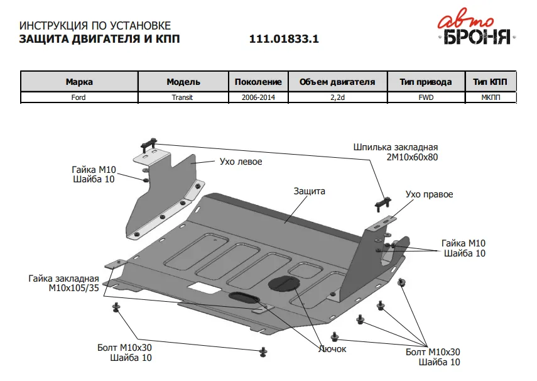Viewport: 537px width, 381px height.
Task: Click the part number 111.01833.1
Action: pyautogui.click(x=284, y=38)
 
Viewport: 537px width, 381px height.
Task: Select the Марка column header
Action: pyautogui.click(x=79, y=82)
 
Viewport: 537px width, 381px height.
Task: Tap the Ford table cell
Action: pyautogui.click(x=79, y=97)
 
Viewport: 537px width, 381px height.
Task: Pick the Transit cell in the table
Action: pyautogui.click(x=183, y=97)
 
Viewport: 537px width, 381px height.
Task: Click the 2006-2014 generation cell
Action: pyautogui.click(x=258, y=97)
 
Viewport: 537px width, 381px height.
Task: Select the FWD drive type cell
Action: pyautogui.click(x=425, y=97)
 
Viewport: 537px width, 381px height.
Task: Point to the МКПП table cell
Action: pyautogui.click(x=490, y=97)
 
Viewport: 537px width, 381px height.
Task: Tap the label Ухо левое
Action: pyautogui.click(x=241, y=162)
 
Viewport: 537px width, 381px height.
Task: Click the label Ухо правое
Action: pyautogui.click(x=429, y=194)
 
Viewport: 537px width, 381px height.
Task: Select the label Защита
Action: pyautogui.click(x=309, y=190)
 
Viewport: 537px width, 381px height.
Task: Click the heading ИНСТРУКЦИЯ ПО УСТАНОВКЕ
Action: pyautogui.click(x=95, y=26)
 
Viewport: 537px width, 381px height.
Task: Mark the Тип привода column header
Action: pyautogui.click(x=425, y=82)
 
